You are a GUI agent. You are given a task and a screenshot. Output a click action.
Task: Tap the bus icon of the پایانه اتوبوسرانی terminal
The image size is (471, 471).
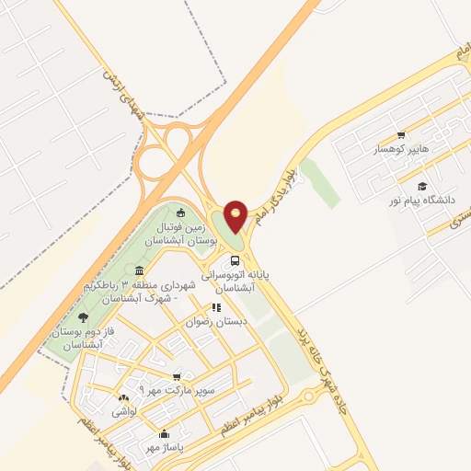pos(235,259)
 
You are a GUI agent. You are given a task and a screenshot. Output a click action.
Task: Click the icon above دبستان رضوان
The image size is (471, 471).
pos(216,308)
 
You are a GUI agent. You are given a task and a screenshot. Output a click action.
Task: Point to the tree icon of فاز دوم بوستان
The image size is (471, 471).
pos(84,317)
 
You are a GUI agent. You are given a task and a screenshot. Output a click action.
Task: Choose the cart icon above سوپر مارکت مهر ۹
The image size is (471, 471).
pos(177,376)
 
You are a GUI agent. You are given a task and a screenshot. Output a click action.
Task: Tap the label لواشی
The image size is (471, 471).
pos(123,412)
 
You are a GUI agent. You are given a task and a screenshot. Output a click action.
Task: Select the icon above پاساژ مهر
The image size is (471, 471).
pos(165,432)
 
